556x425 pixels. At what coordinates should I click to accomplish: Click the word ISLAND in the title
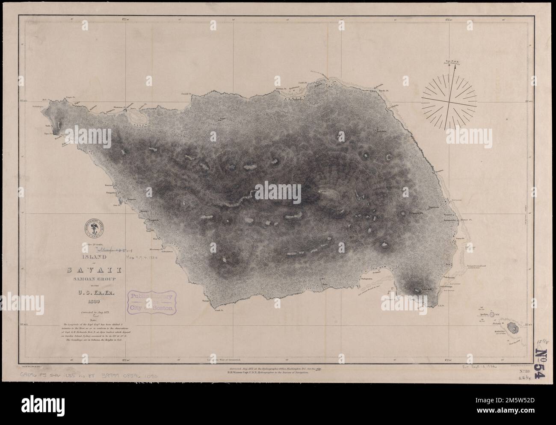tap(92, 257)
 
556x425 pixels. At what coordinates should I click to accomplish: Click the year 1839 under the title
tap(92, 302)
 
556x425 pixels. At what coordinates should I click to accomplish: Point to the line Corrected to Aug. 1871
tap(92, 313)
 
